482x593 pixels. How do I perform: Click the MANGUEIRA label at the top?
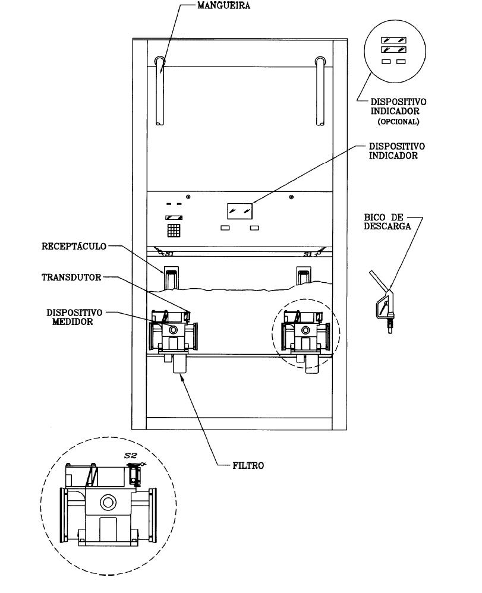[x=223, y=6]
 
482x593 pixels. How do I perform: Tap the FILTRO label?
[x=248, y=466]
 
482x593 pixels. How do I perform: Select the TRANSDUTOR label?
[x=71, y=277]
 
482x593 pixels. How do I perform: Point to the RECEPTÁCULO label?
[x=74, y=246]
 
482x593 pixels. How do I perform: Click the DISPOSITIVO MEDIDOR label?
[x=74, y=317]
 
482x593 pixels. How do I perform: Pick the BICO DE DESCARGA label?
[x=388, y=222]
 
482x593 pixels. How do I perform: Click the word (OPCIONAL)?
[x=398, y=122]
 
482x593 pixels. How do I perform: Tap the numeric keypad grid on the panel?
[x=174, y=231]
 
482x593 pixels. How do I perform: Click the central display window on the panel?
[x=240, y=211]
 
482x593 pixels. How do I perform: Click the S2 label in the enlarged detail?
[x=131, y=456]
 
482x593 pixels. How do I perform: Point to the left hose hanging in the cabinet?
[x=160, y=91]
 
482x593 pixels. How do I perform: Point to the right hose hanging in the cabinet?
[x=320, y=91]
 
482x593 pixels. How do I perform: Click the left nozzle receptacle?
[x=171, y=278]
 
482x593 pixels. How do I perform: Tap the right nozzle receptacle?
[x=304, y=276]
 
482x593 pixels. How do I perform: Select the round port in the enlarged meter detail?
[x=108, y=503]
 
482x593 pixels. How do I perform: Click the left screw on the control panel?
[x=188, y=197]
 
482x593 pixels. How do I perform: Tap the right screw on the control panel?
[x=291, y=197]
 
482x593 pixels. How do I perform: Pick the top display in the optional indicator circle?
[x=393, y=40]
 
